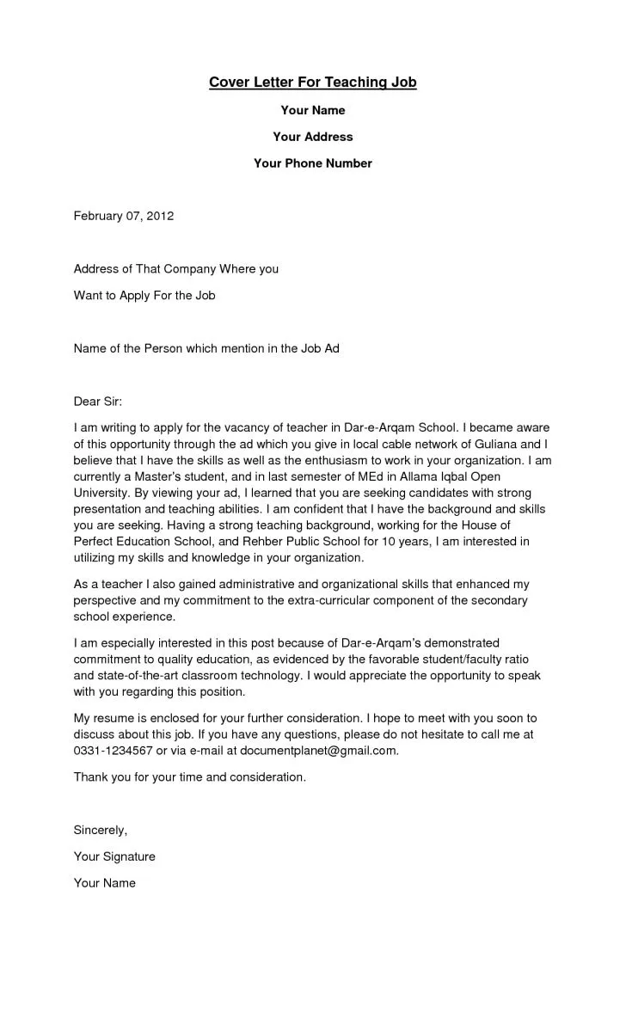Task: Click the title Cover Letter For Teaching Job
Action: coord(312,83)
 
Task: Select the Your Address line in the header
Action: coord(312,137)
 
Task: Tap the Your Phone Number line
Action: coord(312,163)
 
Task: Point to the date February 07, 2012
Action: coord(124,216)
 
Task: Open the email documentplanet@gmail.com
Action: coord(318,750)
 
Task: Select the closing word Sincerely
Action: coord(100,831)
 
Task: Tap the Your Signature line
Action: coord(114,856)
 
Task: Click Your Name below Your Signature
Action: coord(105,883)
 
